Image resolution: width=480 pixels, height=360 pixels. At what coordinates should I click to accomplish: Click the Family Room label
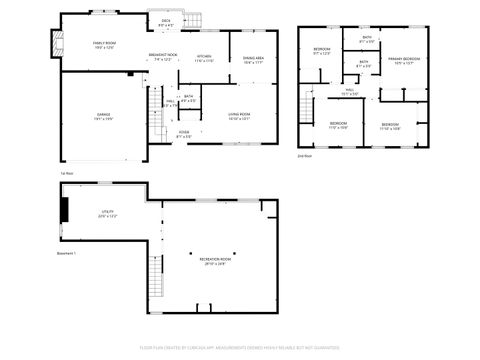tap(105, 46)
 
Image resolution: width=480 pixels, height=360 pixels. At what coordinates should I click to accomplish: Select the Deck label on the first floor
tap(166, 22)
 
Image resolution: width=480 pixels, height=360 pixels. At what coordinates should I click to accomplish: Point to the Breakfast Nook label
tap(163, 58)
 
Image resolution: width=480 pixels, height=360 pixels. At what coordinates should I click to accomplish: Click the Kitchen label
tap(204, 58)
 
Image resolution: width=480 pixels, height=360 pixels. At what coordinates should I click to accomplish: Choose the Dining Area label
tap(254, 61)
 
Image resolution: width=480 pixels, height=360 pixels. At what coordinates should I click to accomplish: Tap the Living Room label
tap(237, 115)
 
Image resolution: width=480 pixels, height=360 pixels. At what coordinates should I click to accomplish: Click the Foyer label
tap(184, 134)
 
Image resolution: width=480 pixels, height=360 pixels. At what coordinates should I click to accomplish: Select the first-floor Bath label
tap(188, 98)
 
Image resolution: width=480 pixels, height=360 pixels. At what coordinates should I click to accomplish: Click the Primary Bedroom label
tap(404, 61)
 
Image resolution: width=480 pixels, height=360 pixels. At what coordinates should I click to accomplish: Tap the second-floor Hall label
tap(351, 91)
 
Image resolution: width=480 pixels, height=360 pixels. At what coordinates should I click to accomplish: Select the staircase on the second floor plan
tap(305, 105)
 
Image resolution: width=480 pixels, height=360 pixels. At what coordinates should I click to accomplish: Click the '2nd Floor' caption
tap(304, 157)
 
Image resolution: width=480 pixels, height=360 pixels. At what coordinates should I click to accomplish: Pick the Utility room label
tap(106, 213)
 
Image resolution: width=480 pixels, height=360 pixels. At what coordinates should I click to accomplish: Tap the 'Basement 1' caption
tap(68, 254)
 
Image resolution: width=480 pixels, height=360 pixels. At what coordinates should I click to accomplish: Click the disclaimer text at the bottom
tap(240, 349)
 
